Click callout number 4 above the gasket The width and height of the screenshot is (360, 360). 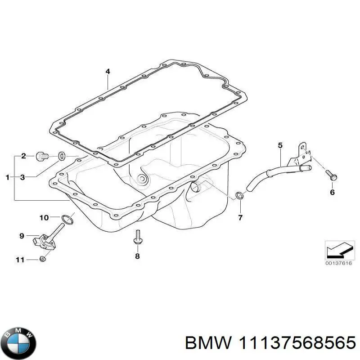pyautogui.click(x=108, y=72)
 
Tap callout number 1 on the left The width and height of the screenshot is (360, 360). pyautogui.click(x=7, y=177)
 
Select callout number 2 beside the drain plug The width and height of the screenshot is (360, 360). pyautogui.click(x=23, y=156)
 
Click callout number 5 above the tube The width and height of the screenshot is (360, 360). pyautogui.click(x=280, y=145)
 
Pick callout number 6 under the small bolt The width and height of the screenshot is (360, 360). pyautogui.click(x=332, y=192)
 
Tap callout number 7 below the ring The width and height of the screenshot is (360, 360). pyautogui.click(x=240, y=218)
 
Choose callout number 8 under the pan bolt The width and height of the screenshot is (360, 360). pyautogui.click(x=138, y=256)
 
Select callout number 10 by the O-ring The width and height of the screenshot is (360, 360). pyautogui.click(x=44, y=218)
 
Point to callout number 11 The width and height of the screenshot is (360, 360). pyautogui.click(x=19, y=259)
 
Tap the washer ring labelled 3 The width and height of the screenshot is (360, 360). pyautogui.click(x=62, y=157)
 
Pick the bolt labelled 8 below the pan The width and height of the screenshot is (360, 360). pyautogui.click(x=137, y=237)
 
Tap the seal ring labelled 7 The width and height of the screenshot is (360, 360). pyautogui.click(x=240, y=195)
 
